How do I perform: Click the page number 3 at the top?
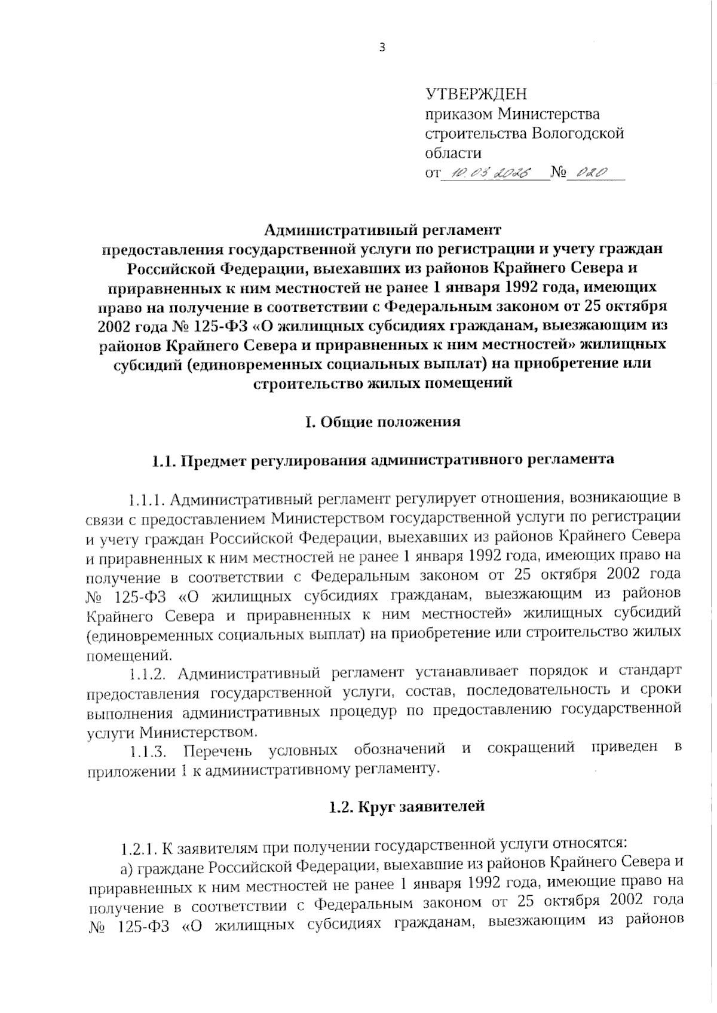pos(382,48)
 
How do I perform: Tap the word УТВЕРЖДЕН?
pos(476,94)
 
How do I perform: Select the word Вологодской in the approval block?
pos(578,133)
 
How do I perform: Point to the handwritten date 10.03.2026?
pos(492,173)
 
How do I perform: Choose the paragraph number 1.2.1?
pos(139,847)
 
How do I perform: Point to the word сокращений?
pos(531,748)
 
